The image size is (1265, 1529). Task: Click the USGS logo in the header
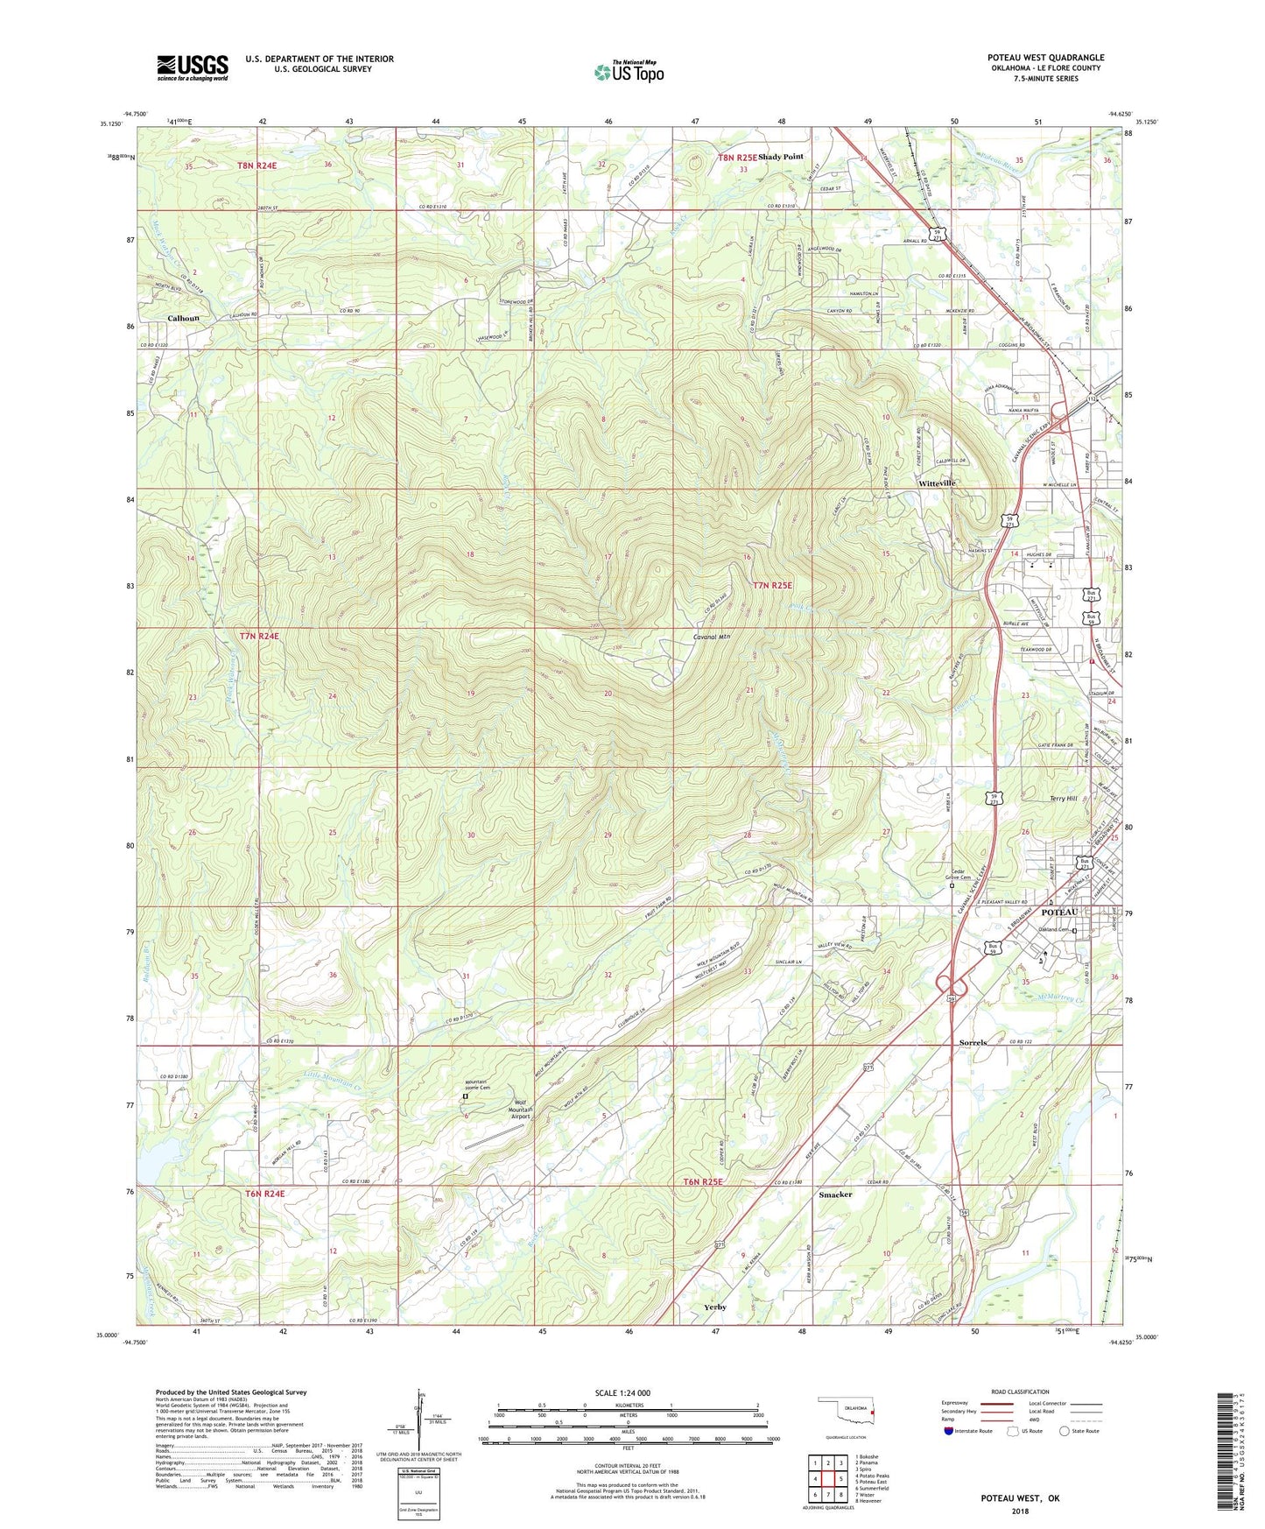(x=193, y=67)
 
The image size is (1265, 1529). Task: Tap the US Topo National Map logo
(x=628, y=72)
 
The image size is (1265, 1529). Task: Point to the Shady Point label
(x=780, y=157)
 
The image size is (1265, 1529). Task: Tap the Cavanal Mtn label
(x=711, y=637)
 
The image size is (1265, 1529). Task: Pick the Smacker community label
(x=835, y=1194)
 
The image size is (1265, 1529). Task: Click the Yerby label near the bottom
(x=715, y=1307)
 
